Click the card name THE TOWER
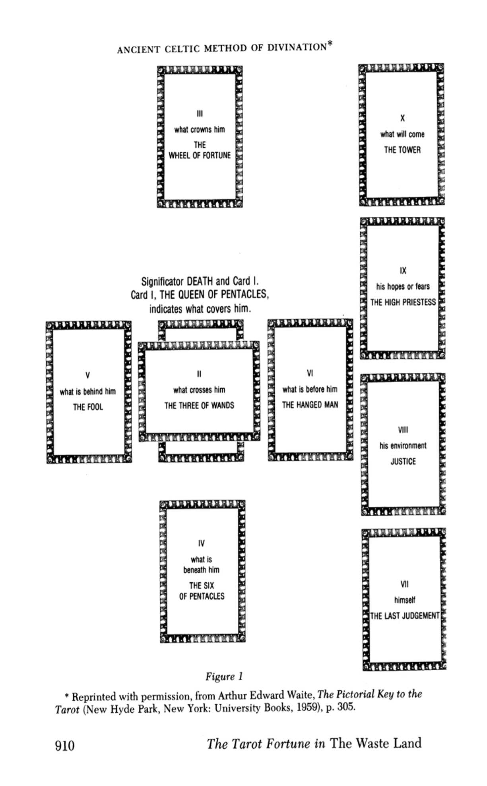pyautogui.click(x=402, y=150)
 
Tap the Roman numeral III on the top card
pyautogui.click(x=200, y=114)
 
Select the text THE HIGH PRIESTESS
pyautogui.click(x=403, y=302)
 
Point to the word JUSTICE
pyautogui.click(x=403, y=461)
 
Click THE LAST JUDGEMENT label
pyautogui.click(x=405, y=616)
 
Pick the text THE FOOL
pyautogui.click(x=88, y=407)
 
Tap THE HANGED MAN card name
pyautogui.click(x=310, y=405)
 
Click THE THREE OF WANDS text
pyautogui.click(x=199, y=406)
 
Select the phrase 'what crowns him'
pyautogui.click(x=200, y=130)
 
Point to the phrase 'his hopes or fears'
pyautogui.click(x=403, y=286)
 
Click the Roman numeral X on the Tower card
pyautogui.click(x=402, y=118)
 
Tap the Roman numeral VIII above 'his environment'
pyautogui.click(x=403, y=430)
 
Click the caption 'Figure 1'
pyautogui.click(x=224, y=677)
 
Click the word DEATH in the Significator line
pyautogui.click(x=200, y=282)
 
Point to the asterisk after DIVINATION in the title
pyautogui.click(x=330, y=45)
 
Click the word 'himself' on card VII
pyautogui.click(x=405, y=600)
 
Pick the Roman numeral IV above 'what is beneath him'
pyautogui.click(x=201, y=543)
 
